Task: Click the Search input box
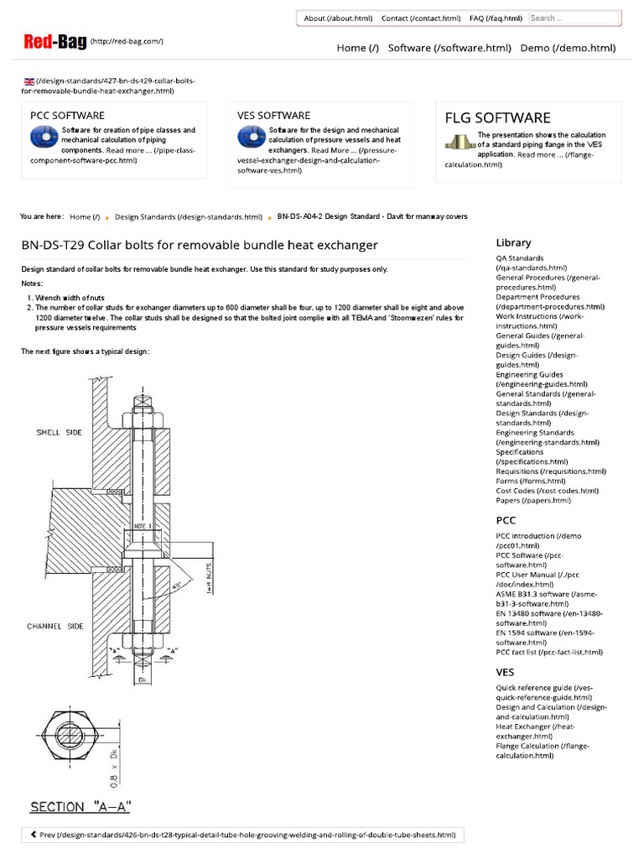[574, 18]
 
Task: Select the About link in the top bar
[338, 18]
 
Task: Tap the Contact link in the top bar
[420, 18]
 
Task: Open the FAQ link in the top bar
[496, 18]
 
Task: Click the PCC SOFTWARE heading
[67, 115]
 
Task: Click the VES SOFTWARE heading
[273, 115]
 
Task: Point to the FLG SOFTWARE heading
[497, 117]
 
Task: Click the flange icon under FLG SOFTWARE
[460, 143]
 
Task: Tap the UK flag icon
[29, 81]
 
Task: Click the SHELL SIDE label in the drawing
[59, 433]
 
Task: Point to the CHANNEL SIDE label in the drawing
[55, 626]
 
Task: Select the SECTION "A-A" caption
[80, 807]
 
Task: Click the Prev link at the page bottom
[242, 835]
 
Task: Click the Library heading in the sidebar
[513, 242]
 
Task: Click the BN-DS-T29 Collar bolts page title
[200, 245]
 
